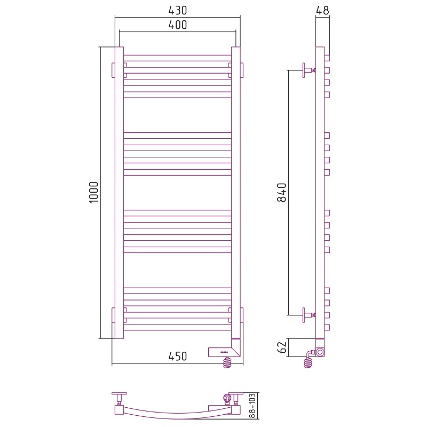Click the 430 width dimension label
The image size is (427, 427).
click(178, 10)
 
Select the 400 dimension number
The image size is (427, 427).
click(178, 25)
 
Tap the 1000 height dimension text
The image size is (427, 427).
click(94, 192)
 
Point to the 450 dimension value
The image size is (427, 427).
click(178, 356)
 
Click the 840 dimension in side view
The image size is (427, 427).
click(282, 193)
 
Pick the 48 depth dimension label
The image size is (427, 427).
click(323, 10)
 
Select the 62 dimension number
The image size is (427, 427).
click(282, 347)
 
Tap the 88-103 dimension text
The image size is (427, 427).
click(253, 406)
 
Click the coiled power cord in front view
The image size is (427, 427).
click(228, 363)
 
